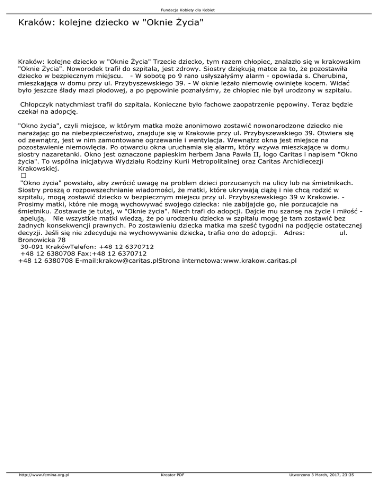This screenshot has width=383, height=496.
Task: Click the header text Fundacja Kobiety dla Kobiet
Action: (191, 10)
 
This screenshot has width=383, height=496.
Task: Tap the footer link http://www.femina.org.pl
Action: (44, 489)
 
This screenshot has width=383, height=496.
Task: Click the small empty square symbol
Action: (23, 177)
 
